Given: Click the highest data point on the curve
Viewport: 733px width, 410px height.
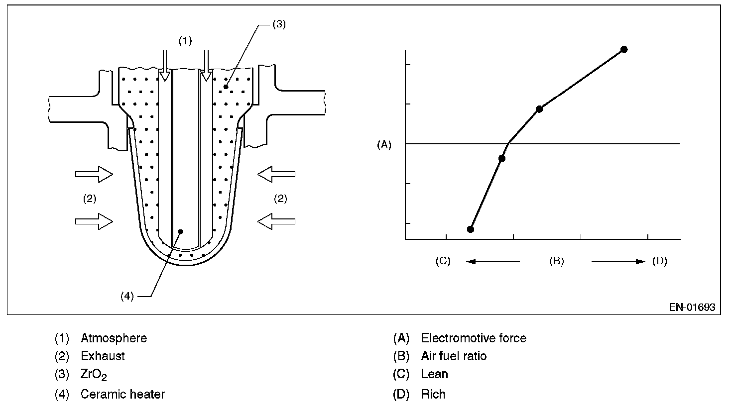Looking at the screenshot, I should point(624,49).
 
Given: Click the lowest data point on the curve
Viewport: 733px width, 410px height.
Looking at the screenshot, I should point(471,229).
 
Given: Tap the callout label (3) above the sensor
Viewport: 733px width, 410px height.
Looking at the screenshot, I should point(279,24).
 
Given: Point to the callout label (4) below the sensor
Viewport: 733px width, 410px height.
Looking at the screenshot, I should point(127,296).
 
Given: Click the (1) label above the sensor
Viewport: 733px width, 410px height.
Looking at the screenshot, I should point(185,41).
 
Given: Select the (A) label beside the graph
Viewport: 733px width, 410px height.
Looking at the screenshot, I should point(384,145).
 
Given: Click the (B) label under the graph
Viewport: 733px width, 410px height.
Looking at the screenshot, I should point(556,261).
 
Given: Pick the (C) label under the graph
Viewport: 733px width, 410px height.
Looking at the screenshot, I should point(443,261).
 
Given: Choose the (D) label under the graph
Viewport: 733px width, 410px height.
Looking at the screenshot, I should point(659,261).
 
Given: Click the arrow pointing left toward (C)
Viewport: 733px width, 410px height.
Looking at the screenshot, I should point(493,261).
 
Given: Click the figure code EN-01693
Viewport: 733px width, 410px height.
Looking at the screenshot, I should point(692,307).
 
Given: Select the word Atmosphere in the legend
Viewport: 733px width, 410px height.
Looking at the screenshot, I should point(114,338).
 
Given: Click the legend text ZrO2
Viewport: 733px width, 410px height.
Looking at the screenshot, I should point(94,375).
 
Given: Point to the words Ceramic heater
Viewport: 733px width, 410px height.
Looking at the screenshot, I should point(122,395).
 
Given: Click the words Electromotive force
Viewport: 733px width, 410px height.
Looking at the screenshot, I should point(474,338).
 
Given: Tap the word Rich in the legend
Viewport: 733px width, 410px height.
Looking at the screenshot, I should point(433,395).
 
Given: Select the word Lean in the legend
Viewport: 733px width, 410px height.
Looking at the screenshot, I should point(434,374).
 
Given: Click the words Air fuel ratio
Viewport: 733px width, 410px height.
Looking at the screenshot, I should point(454,356).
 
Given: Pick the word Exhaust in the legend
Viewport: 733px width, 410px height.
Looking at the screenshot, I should point(103,356).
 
